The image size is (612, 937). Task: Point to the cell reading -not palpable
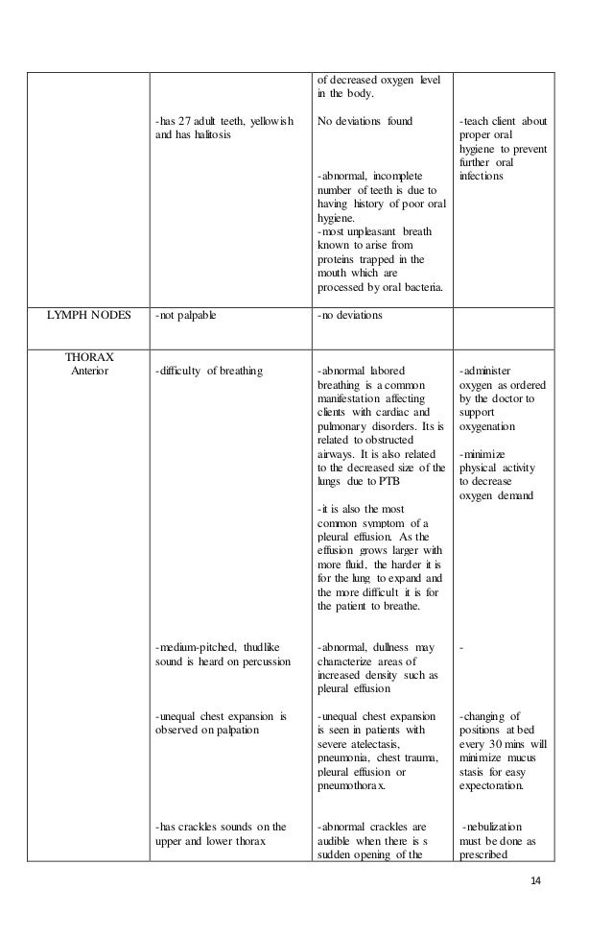(185, 316)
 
